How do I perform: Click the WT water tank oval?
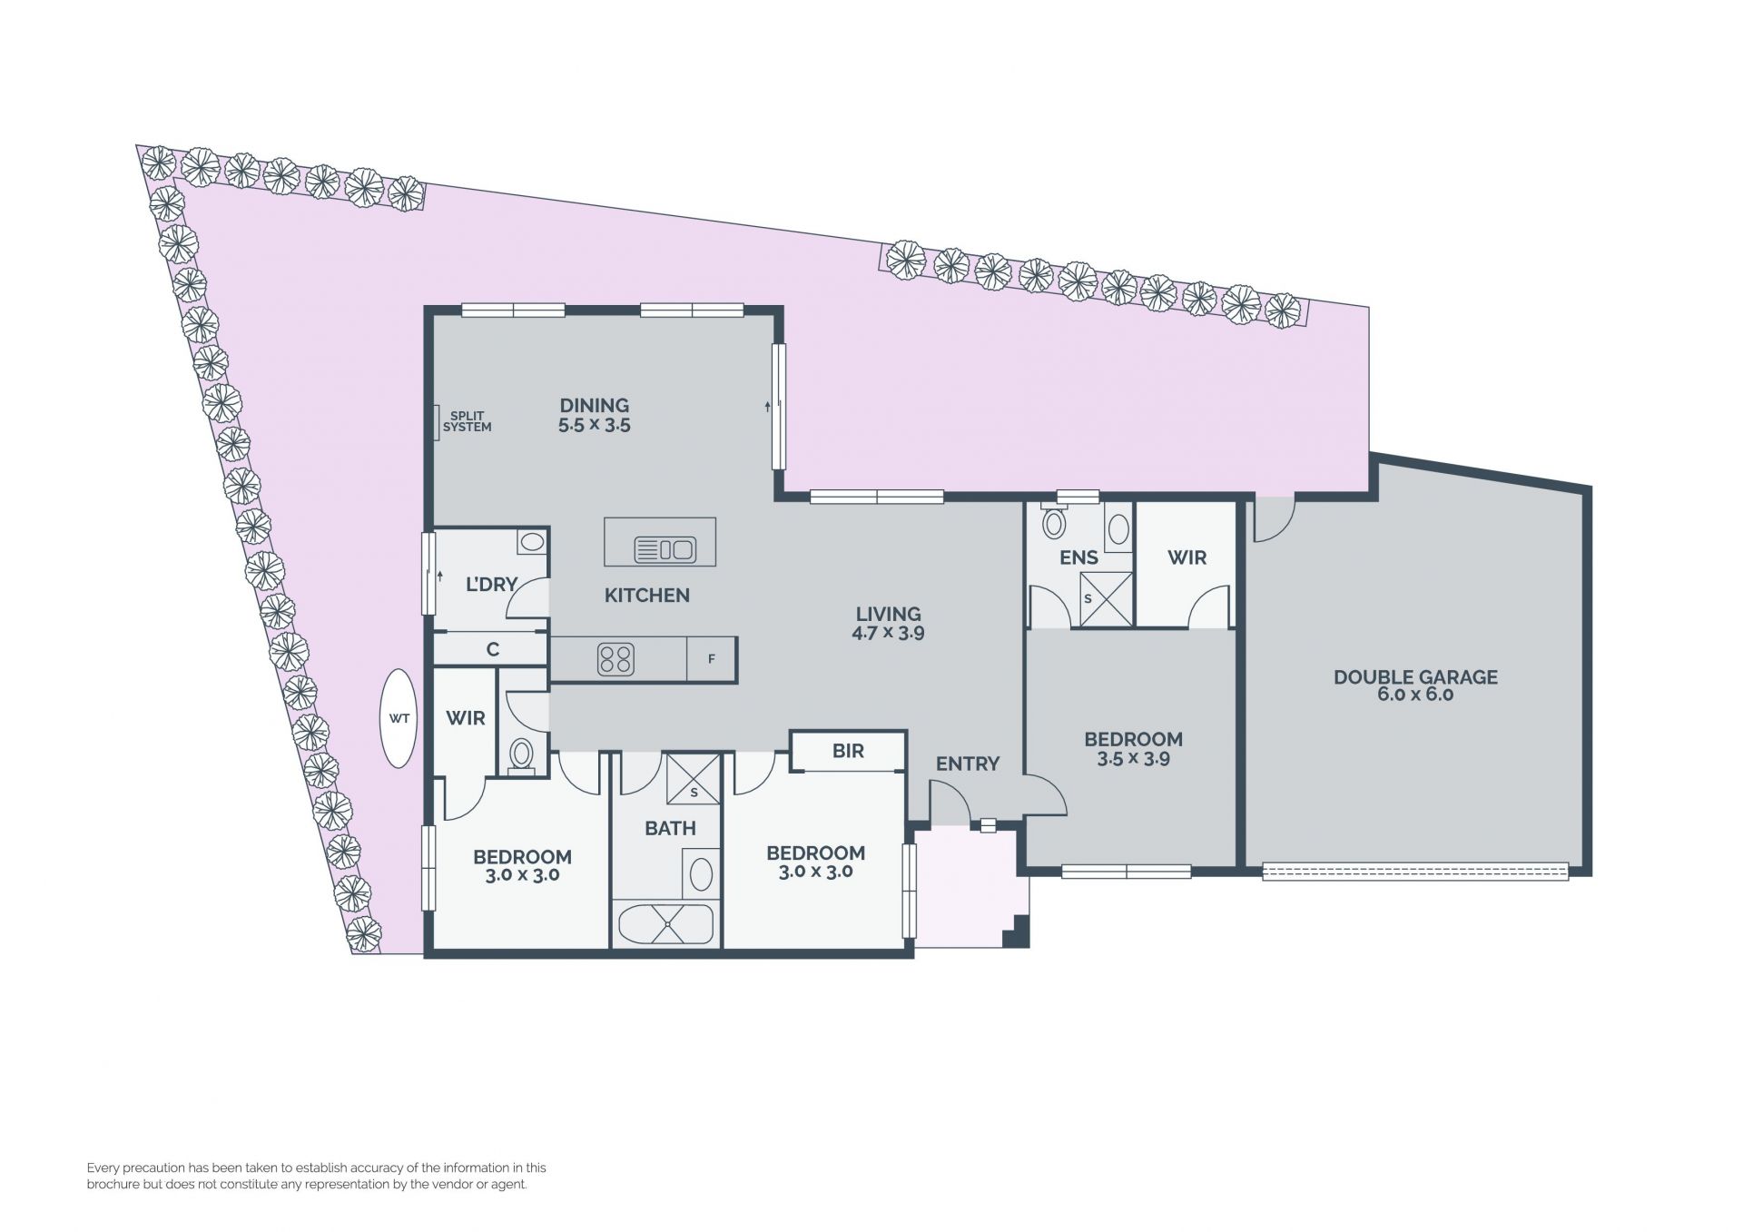(x=399, y=718)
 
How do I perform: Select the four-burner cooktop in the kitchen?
(x=615, y=660)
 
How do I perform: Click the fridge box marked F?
(x=711, y=659)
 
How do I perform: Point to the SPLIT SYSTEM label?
(x=467, y=421)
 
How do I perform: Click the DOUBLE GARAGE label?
(x=1415, y=676)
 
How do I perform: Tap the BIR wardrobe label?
(x=848, y=752)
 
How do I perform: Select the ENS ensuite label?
(x=1078, y=557)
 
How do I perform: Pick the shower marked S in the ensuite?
(x=1107, y=599)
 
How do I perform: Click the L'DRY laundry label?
(x=491, y=585)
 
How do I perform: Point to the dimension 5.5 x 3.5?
(x=594, y=425)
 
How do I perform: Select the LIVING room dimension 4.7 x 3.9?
(x=888, y=634)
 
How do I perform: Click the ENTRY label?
(x=967, y=764)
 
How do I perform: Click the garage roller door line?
(x=1415, y=872)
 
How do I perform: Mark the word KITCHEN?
(x=647, y=596)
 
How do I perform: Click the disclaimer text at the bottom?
(x=317, y=1176)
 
